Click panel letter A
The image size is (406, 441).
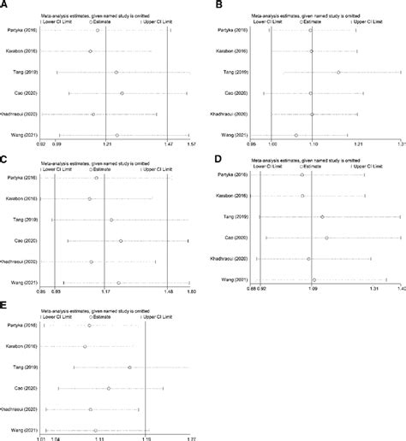click(5, 5)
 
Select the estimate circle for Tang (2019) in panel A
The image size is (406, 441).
click(116, 73)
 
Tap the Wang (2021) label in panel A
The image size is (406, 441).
click(22, 134)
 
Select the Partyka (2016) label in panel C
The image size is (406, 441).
click(21, 178)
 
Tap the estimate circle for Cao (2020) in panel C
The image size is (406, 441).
click(121, 241)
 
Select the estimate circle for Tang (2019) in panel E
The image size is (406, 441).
click(129, 367)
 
